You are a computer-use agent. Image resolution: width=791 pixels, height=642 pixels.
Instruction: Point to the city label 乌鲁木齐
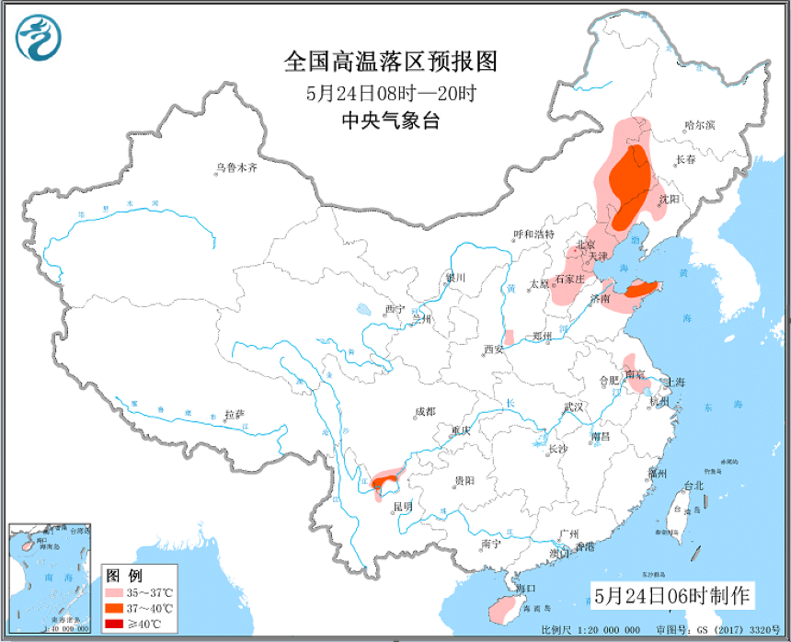pyautogui.click(x=236, y=168)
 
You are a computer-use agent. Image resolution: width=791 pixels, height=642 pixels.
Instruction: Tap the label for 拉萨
pyautogui.click(x=235, y=415)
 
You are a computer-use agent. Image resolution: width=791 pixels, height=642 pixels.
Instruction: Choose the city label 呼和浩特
pyautogui.click(x=534, y=235)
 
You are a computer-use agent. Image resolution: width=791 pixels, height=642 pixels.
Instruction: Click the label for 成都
pyautogui.click(x=425, y=411)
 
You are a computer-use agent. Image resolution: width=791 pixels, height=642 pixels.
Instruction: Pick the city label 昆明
pyautogui.click(x=402, y=506)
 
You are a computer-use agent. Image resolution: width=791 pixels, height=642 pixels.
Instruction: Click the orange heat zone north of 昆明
pyautogui.click(x=385, y=479)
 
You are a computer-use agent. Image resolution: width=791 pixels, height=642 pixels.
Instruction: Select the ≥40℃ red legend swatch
pyautogui.click(x=115, y=625)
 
